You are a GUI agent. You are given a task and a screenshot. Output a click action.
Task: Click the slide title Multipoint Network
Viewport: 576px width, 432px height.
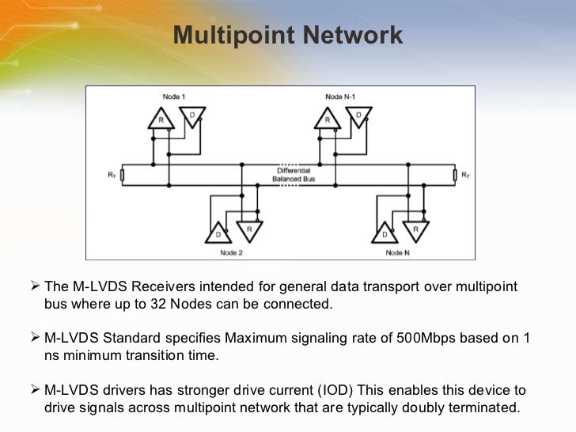pyautogui.click(x=288, y=36)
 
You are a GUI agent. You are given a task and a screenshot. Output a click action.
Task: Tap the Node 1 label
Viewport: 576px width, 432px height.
pyautogui.click(x=174, y=97)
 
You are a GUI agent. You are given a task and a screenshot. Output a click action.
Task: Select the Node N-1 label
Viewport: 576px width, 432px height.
pyautogui.click(x=340, y=97)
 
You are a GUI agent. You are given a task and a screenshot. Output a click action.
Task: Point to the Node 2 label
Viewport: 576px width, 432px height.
pyautogui.click(x=231, y=252)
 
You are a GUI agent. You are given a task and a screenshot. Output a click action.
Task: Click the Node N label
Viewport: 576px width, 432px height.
pyautogui.click(x=398, y=252)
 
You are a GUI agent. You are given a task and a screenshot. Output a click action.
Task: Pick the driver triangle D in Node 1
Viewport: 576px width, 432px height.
pyautogui.click(x=192, y=115)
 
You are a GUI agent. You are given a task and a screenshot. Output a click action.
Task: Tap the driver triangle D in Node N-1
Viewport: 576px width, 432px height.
pyautogui.click(x=358, y=115)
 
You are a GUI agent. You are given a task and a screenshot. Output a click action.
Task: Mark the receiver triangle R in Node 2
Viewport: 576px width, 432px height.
pyautogui.click(x=249, y=229)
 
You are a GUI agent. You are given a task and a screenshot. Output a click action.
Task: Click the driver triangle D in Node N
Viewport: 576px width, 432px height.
pyautogui.click(x=384, y=234)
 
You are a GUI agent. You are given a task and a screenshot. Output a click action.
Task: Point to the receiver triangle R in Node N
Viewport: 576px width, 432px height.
pyautogui.click(x=415, y=229)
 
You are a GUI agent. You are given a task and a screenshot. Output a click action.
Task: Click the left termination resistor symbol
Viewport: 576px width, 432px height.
pyautogui.click(x=122, y=174)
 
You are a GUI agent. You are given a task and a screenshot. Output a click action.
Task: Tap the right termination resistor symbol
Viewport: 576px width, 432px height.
pyautogui.click(x=454, y=174)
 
